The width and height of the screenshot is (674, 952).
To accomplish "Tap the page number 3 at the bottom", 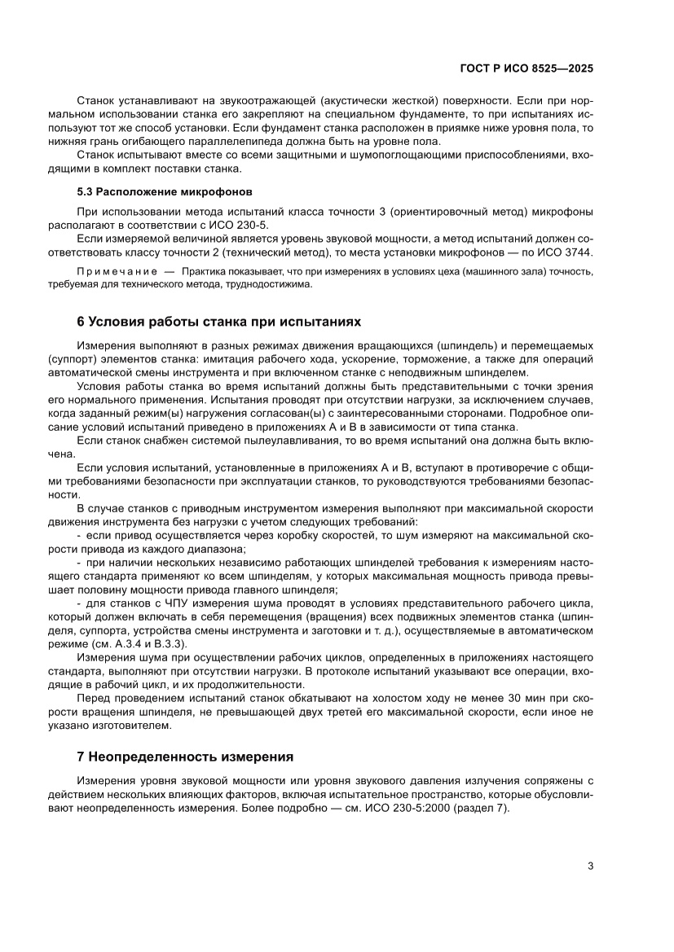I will (x=590, y=866).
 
